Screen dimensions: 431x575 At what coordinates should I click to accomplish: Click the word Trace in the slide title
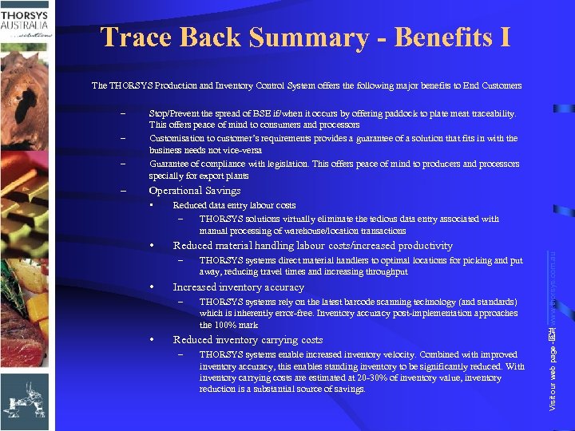(137, 38)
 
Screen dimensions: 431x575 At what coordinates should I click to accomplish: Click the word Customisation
(178, 138)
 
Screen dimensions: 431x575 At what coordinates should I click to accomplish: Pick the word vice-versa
(240, 149)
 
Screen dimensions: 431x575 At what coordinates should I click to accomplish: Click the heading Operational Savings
(195, 191)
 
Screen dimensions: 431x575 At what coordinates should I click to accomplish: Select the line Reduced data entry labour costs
(234, 205)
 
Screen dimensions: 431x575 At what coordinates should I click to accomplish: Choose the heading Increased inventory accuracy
(239, 287)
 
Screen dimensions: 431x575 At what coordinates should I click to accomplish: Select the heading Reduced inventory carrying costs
(248, 340)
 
